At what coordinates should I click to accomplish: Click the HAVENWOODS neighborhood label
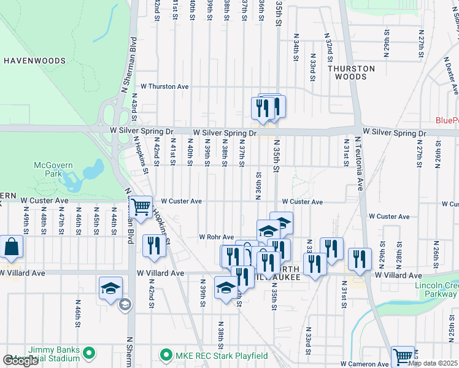click(34, 61)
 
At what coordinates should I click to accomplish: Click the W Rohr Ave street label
click(217, 237)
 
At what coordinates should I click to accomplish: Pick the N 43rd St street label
click(133, 114)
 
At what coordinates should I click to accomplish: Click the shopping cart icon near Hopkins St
click(142, 207)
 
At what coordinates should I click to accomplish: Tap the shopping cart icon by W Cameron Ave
click(403, 356)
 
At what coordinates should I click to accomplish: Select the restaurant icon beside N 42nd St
click(153, 245)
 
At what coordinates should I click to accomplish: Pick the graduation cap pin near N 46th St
click(110, 288)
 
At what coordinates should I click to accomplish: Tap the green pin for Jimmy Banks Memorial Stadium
click(89, 352)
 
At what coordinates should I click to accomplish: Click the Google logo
click(20, 361)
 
